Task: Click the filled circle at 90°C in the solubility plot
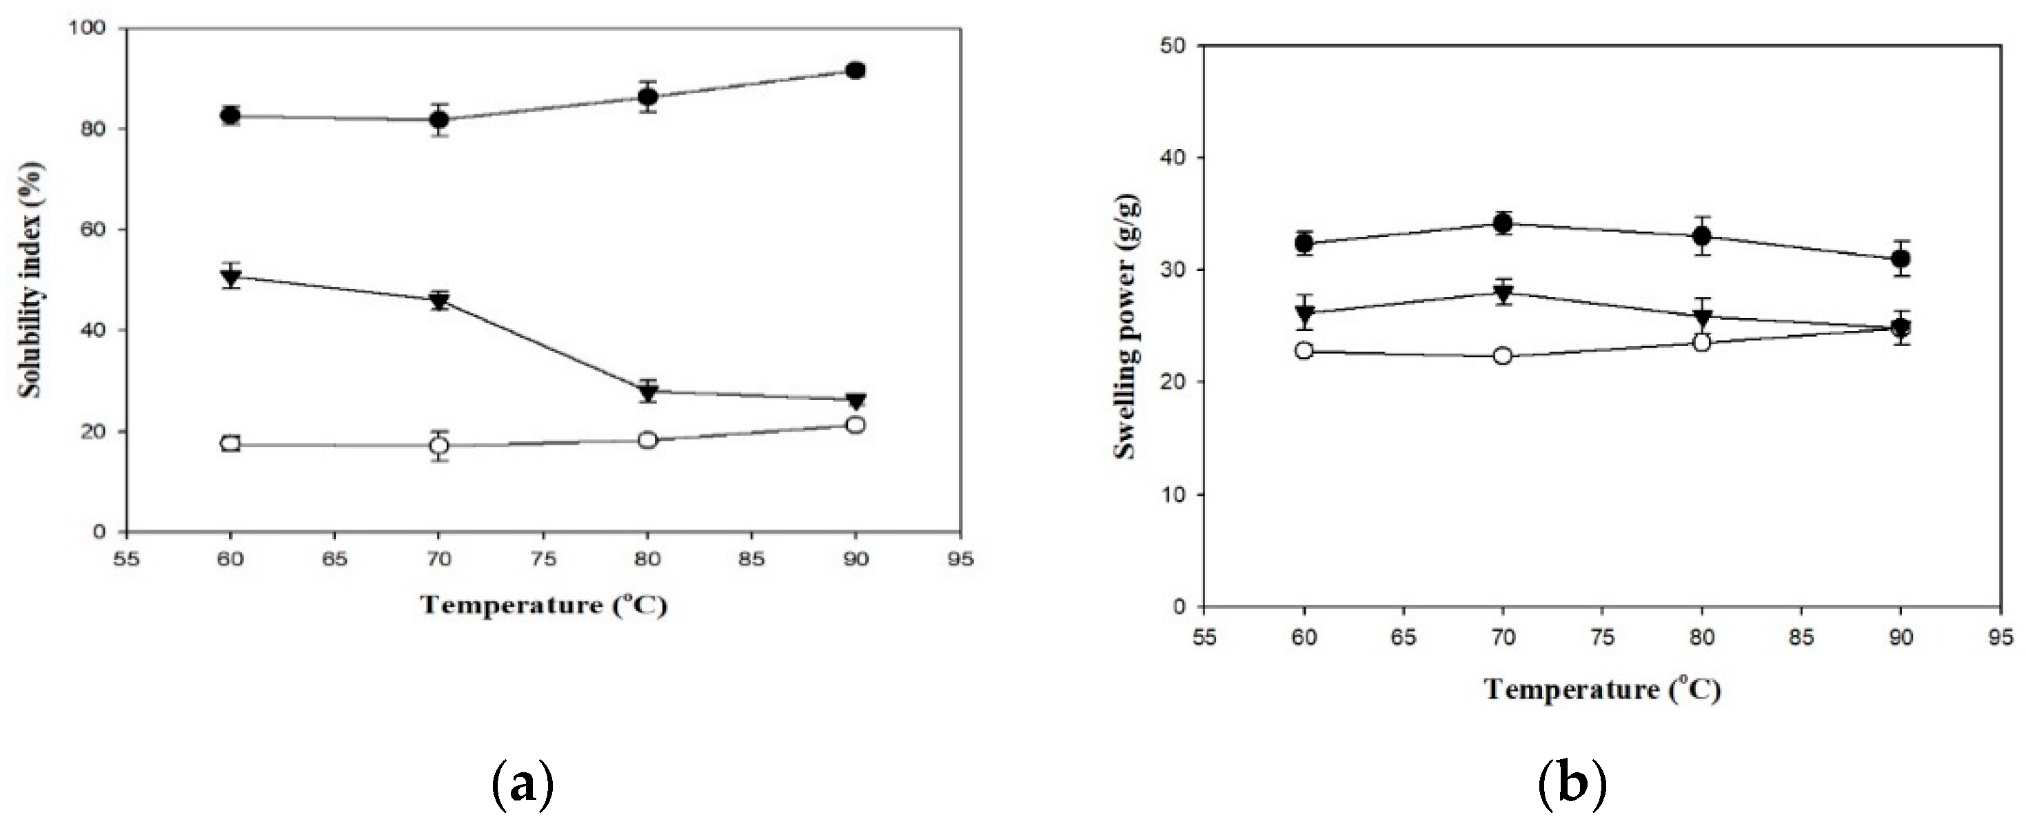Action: pyautogui.click(x=855, y=71)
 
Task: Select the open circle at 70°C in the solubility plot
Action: pyautogui.click(x=439, y=445)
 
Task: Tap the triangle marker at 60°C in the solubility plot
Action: pyautogui.click(x=230, y=277)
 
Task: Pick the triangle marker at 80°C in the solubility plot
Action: pyautogui.click(x=647, y=392)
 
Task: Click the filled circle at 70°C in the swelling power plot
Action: pyautogui.click(x=1502, y=223)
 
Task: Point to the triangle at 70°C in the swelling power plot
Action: pyautogui.click(x=1502, y=294)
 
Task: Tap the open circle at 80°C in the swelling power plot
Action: pyautogui.click(x=1702, y=342)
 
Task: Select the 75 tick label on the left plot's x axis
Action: pyautogui.click(x=543, y=559)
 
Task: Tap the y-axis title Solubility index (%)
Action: pyautogui.click(x=32, y=281)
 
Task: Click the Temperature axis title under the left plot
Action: pyautogui.click(x=543, y=604)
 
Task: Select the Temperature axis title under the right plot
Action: pyautogui.click(x=1602, y=689)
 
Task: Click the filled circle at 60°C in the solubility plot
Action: pyautogui.click(x=230, y=116)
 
